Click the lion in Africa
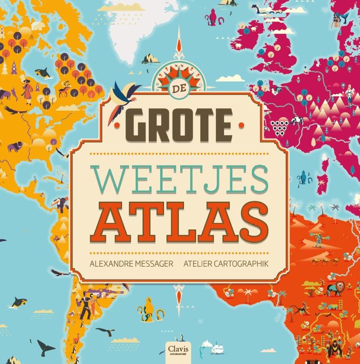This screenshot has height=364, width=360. (x=339, y=287)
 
